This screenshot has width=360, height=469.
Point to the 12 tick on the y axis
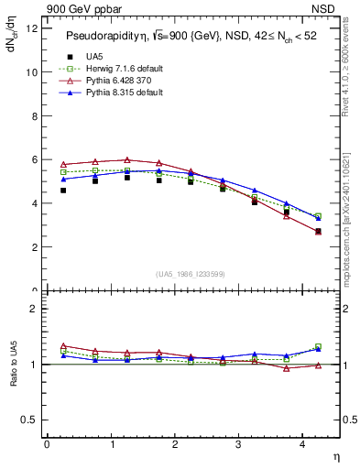(32, 27)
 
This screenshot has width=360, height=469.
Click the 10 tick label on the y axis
(32, 71)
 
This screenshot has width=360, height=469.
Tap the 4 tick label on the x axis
(303, 443)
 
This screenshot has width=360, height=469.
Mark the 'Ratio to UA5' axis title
(12, 365)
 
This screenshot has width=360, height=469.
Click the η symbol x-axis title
(334, 455)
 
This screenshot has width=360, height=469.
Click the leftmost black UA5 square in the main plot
(63, 191)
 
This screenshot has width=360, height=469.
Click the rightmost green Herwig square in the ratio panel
(318, 347)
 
